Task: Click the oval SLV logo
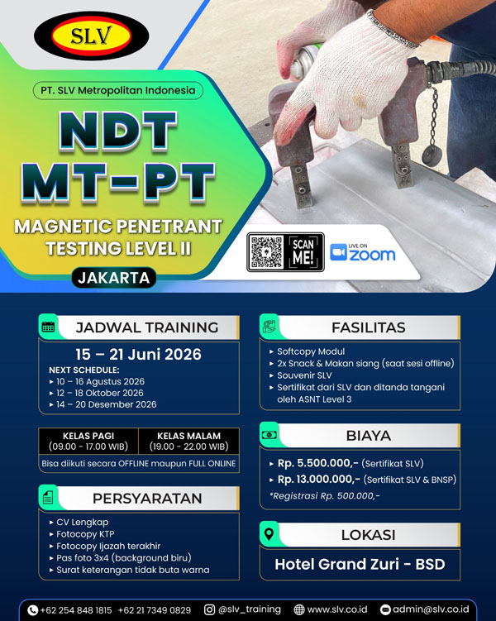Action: coord(91,36)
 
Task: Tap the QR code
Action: coord(267,252)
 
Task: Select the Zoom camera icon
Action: coord(338,252)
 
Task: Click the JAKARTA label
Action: coord(113,278)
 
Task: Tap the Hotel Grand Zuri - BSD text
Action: coord(359,566)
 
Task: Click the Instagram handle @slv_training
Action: coord(250,609)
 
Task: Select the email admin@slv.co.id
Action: coord(429,609)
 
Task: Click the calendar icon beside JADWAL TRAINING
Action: coord(48,327)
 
